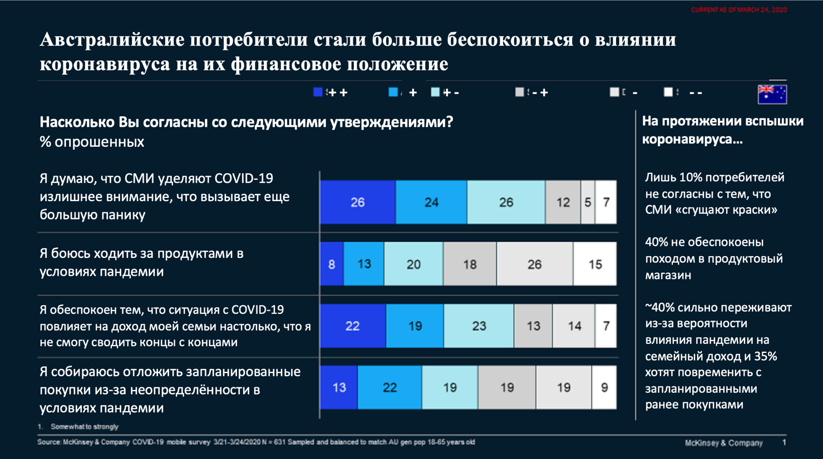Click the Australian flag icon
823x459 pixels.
click(x=772, y=94)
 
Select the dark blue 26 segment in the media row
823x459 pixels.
click(x=357, y=202)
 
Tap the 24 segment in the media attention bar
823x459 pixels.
click(x=431, y=202)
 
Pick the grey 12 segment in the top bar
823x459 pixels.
click(x=563, y=202)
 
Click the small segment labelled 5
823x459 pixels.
click(x=588, y=202)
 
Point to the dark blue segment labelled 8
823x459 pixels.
click(x=332, y=264)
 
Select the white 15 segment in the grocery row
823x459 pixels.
click(x=595, y=264)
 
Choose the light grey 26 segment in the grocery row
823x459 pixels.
click(x=534, y=264)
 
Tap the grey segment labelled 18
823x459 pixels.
click(x=470, y=264)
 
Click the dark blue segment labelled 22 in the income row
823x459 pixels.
click(x=352, y=326)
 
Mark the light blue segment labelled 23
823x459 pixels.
click(x=479, y=326)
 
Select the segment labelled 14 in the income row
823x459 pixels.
click(x=574, y=326)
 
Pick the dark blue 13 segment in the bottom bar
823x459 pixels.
click(x=339, y=387)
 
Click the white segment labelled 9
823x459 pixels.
click(x=604, y=387)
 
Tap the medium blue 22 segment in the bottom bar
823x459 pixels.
click(x=390, y=387)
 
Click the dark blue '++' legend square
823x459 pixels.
click(x=318, y=92)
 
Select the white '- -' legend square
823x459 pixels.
click(x=668, y=92)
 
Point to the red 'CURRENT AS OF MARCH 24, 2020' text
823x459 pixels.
click(x=738, y=10)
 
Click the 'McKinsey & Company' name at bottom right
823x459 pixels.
click(x=723, y=443)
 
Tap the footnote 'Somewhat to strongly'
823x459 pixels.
click(x=85, y=427)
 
